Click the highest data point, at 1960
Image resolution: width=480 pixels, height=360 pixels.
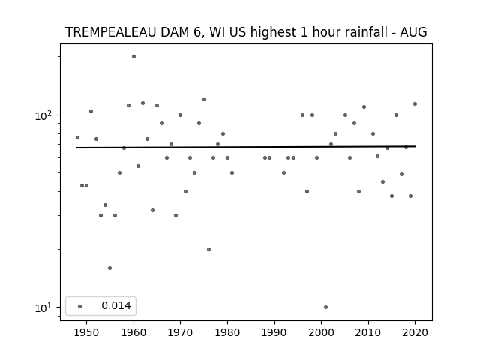coord(133,57)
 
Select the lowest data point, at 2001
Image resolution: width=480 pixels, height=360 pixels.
coord(325,307)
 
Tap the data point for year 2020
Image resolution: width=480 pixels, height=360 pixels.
coord(415,103)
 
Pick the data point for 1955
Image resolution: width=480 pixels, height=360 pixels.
coord(110,268)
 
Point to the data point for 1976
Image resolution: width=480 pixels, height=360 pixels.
coord(208,250)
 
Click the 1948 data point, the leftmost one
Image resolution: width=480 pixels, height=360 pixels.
coord(77,138)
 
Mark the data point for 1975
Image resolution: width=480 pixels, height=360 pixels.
coord(204,100)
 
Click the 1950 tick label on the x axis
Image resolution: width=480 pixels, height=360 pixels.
coord(87,332)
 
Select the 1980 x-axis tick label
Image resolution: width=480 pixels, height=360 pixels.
coord(227,332)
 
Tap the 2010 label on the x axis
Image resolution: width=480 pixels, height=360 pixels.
coord(368,332)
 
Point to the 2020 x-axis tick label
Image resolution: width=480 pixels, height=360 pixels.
coord(415,332)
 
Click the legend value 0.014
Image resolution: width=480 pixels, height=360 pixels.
coord(116,305)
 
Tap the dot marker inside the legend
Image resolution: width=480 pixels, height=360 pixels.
coord(80,306)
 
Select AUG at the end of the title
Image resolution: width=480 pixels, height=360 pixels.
coord(413,32)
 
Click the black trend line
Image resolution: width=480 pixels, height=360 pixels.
coord(246,147)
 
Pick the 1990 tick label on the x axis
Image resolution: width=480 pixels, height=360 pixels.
coord(274,332)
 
